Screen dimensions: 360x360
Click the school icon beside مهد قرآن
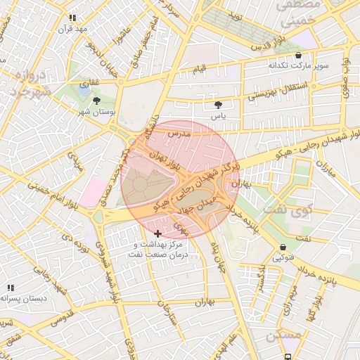[x=72, y=18]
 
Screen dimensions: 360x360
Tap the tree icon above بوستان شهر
[x=97, y=101]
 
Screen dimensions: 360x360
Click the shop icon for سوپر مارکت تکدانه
[x=299, y=55]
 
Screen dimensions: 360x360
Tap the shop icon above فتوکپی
[x=283, y=247]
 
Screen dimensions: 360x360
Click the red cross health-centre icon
[x=157, y=233]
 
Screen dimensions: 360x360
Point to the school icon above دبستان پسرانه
[x=11, y=288]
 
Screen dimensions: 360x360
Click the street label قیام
[x=200, y=69]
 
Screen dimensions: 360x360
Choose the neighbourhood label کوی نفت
[x=278, y=210]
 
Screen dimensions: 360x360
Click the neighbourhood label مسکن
[x=283, y=336]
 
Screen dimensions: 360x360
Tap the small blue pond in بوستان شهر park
[x=84, y=90]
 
